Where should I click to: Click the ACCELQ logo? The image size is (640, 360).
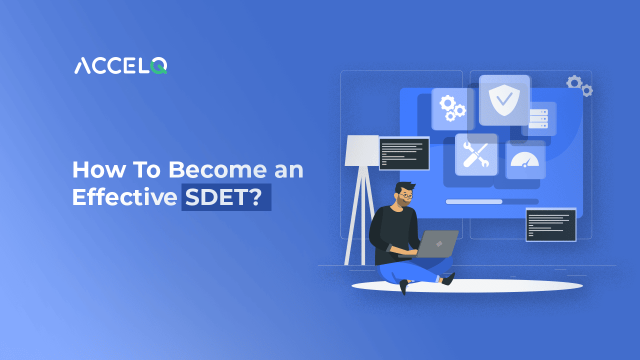click(120, 66)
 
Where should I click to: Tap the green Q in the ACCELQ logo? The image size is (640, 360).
click(159, 66)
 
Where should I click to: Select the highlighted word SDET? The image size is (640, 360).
click(226, 197)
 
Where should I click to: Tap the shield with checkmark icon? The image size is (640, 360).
click(504, 99)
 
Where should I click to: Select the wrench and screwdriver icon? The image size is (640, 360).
click(475, 154)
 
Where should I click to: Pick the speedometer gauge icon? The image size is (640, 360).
click(524, 159)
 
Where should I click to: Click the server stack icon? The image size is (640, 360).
click(538, 119)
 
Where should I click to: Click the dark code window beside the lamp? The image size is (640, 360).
click(404, 153)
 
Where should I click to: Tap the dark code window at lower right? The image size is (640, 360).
click(550, 224)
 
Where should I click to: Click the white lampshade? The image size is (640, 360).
click(361, 150)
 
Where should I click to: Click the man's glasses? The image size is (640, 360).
click(405, 196)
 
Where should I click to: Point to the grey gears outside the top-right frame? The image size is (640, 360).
click(579, 85)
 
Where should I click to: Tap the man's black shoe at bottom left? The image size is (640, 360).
click(403, 286)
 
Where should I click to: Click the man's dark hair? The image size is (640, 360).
click(404, 185)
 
